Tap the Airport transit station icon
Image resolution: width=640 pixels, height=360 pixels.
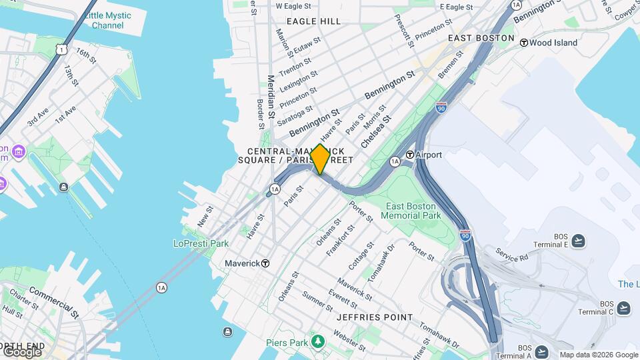tap(410, 155)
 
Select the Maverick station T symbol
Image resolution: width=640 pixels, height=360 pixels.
tap(265, 263)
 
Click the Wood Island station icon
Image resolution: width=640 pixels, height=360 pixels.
tap(524, 43)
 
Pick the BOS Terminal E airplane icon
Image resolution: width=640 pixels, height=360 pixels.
tap(578, 241)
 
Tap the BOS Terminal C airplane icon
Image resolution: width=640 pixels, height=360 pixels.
tap(623, 307)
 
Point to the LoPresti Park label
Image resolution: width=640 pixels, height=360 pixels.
tap(201, 243)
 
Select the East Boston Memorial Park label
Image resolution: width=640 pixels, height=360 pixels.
tap(411, 211)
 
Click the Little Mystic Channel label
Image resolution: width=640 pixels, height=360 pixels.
tap(107, 20)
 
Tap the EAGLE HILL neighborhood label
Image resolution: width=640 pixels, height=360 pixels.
tap(313, 21)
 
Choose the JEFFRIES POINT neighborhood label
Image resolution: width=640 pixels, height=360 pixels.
tap(375, 317)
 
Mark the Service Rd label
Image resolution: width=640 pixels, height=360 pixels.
tap(511, 254)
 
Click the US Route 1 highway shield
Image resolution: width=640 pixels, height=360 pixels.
tap(61, 49)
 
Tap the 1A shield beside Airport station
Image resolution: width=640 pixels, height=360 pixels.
tap(395, 161)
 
